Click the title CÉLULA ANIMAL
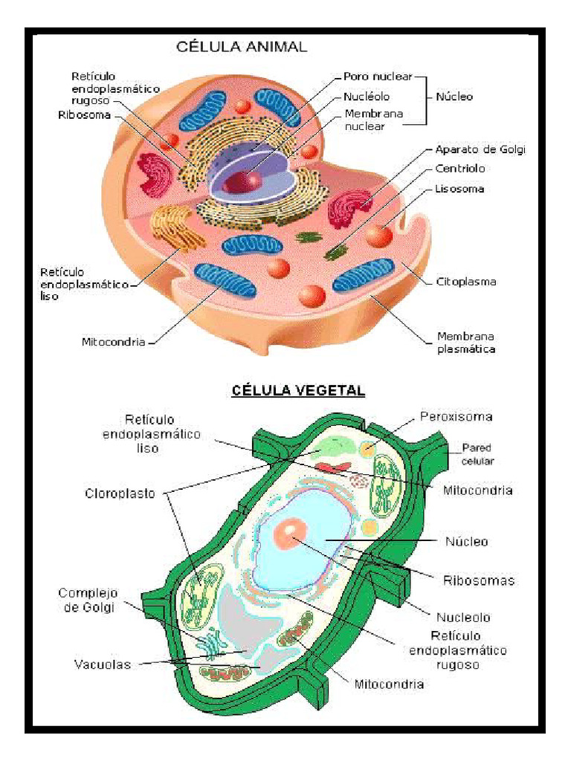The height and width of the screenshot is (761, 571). click(241, 47)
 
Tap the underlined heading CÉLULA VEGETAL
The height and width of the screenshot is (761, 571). click(298, 390)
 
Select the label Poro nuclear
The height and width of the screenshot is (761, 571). click(377, 76)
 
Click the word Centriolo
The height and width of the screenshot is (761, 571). click(460, 169)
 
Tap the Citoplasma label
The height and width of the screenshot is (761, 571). click(465, 282)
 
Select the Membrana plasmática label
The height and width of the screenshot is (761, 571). click(465, 343)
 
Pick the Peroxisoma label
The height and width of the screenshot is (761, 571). click(456, 417)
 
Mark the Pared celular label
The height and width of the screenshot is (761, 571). click(477, 454)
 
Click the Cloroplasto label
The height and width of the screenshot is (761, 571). click(120, 493)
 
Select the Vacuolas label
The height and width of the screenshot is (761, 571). click(102, 664)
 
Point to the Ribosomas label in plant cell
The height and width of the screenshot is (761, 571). click(479, 580)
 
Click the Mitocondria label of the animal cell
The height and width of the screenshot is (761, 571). click(113, 343)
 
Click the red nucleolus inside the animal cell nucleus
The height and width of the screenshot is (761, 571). click(243, 181)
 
